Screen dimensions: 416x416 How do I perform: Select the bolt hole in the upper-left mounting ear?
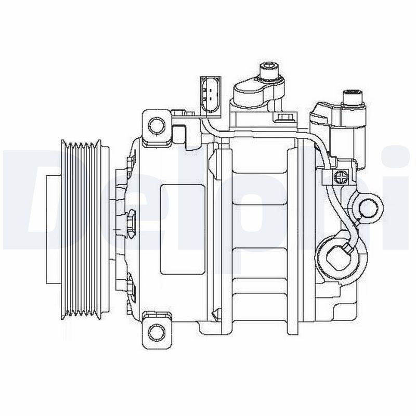155,124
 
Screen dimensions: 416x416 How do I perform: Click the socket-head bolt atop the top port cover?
268,69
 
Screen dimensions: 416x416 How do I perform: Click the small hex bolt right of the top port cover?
284,119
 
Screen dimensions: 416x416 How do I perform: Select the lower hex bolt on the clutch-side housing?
130,283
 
